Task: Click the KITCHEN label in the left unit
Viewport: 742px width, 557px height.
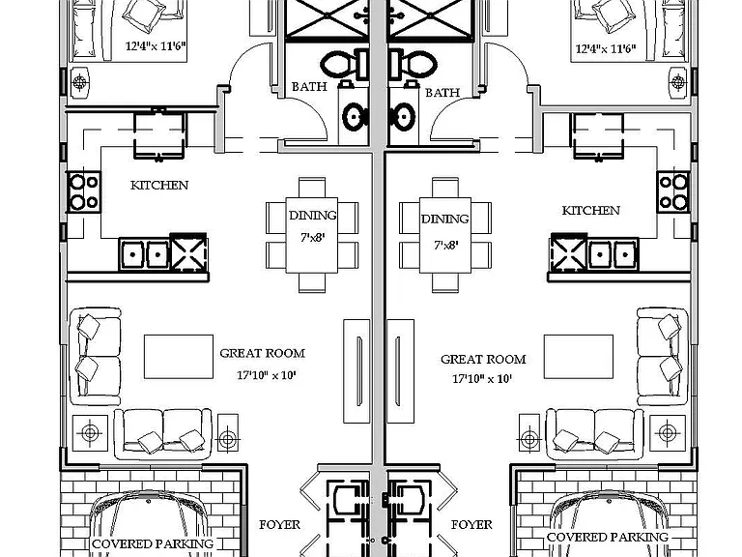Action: point(159,186)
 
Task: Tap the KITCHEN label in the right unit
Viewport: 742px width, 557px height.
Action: point(591,211)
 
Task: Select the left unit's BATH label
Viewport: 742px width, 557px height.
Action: point(309,87)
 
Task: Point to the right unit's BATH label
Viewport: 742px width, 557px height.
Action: point(442,93)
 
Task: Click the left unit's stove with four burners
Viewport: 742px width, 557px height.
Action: point(84,191)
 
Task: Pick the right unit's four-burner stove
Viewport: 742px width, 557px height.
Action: point(673,191)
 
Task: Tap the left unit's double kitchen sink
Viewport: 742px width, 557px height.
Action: point(144,254)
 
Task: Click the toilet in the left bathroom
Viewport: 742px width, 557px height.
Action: point(345,65)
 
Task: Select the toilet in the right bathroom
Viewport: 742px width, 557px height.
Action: point(413,65)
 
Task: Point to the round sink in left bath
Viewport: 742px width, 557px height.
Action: point(353,116)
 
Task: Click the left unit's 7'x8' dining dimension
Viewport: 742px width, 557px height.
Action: point(312,237)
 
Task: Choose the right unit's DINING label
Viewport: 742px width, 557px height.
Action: point(444,219)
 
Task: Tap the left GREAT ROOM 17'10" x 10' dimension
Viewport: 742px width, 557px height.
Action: point(267,375)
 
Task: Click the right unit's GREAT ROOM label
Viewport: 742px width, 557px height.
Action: point(483,359)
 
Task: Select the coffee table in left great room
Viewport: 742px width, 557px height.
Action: point(179,357)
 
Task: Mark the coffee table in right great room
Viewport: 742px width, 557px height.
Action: point(579,357)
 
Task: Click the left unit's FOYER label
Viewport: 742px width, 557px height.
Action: point(279,525)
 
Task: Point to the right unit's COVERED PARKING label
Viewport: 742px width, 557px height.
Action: point(608,537)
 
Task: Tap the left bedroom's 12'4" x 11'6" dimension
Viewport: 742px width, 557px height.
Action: point(156,46)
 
